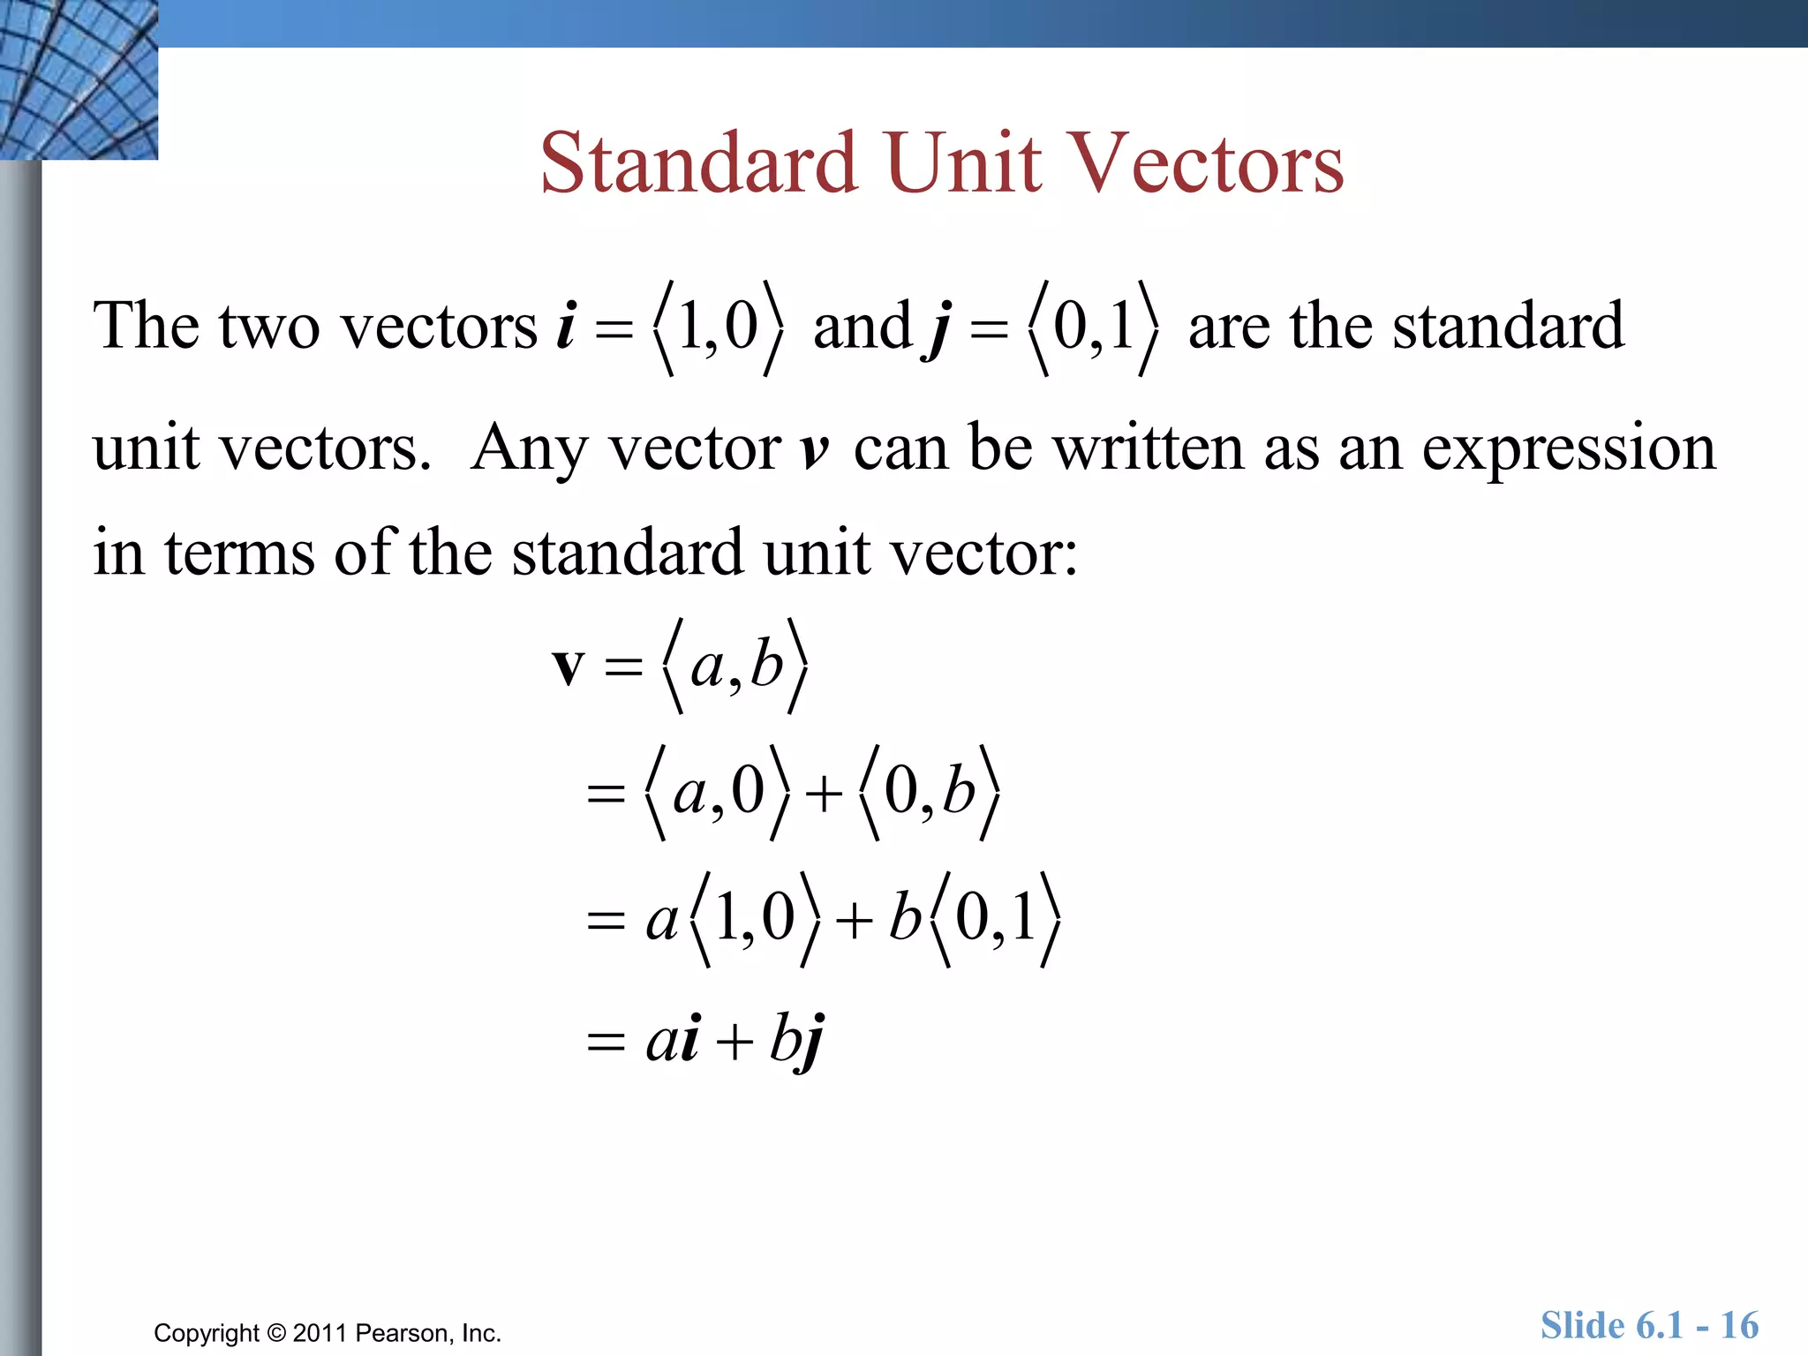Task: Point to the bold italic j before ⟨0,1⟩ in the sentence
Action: click(939, 328)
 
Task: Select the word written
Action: click(1150, 448)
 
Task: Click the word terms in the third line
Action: click(239, 552)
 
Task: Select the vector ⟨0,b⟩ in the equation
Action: click(930, 792)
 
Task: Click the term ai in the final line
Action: click(673, 1040)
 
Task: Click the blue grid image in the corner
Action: click(79, 79)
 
